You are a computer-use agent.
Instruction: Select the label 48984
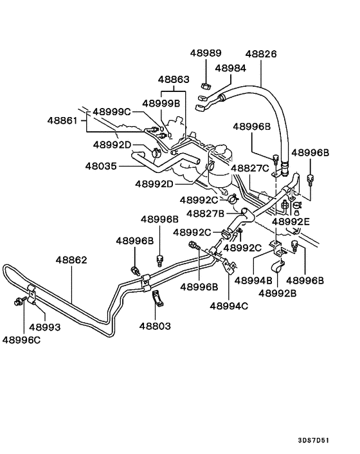230,68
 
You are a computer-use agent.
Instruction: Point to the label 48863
174,80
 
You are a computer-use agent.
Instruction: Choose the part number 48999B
161,103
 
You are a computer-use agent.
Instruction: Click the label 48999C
112,112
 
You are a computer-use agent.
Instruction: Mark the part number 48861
62,120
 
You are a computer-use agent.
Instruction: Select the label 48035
102,165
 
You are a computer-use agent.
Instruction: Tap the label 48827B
206,213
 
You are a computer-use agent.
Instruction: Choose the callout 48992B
277,293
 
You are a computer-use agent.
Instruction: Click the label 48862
71,260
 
